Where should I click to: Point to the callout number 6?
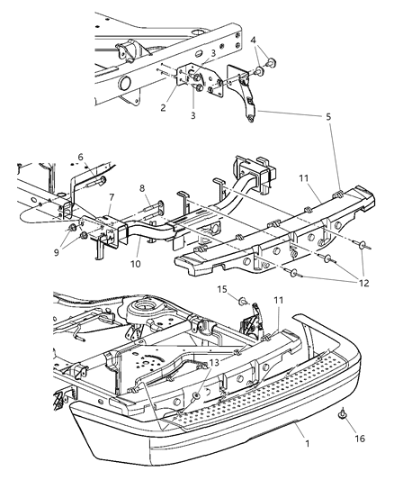pos(80,157)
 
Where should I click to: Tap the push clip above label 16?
pos(342,415)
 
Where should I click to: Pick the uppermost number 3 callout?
pos(213,54)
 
